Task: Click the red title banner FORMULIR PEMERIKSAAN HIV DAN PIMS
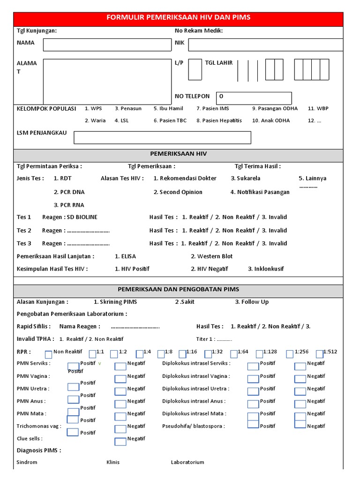coord(178,17)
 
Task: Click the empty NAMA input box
coord(107,45)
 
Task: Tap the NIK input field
coord(272,45)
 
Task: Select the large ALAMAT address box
coord(107,81)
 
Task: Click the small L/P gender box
coord(195,70)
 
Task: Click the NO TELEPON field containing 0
coord(254,98)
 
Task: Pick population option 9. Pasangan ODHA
coord(275,108)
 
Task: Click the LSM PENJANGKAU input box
coord(162,137)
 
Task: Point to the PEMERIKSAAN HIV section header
coord(178,154)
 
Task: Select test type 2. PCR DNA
coord(69,192)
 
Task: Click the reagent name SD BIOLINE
coord(82,217)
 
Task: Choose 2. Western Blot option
coord(211,256)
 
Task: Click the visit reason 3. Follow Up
coord(252,302)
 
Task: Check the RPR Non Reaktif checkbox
coord(48,354)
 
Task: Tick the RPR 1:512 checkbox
coord(320,354)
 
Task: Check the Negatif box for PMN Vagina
coord(120,379)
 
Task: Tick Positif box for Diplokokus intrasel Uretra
coord(253,391)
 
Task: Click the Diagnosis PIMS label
coord(39,450)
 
